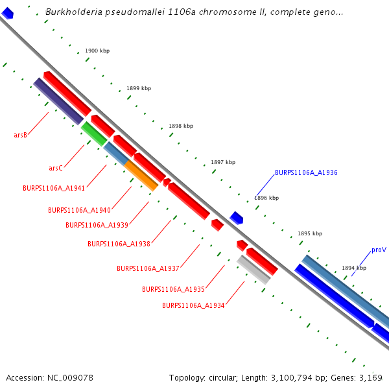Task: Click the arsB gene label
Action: [20, 136]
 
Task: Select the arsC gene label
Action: [56, 169]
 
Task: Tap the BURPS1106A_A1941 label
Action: [54, 188]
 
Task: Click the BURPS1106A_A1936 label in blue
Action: [306, 173]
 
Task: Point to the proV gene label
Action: [379, 250]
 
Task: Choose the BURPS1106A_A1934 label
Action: [193, 305]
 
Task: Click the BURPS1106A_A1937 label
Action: [148, 268]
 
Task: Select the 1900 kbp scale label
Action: [97, 51]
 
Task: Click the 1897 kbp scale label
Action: [223, 163]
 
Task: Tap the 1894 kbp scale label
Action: [354, 268]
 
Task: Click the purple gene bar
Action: [58, 101]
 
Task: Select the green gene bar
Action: [94, 134]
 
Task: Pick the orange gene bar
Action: [141, 176]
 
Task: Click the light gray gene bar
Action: [253, 270]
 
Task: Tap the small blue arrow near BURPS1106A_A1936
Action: [237, 218]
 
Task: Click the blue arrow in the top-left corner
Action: [7, 12]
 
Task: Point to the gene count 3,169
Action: [371, 377]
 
